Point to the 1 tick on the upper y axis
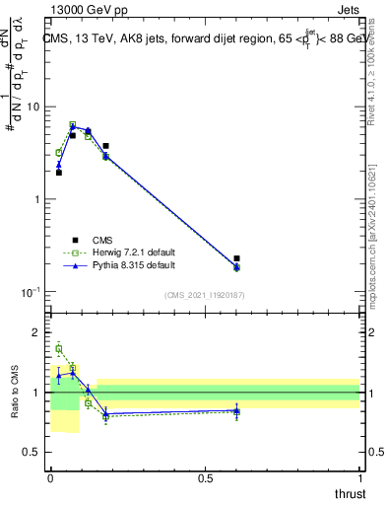[39, 199]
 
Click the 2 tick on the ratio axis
[39, 332]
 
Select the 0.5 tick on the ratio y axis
[34, 453]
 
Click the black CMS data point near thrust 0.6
[236, 258]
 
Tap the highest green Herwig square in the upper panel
[73, 125]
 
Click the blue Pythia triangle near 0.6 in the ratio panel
[236, 410]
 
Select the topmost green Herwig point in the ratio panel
[59, 348]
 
